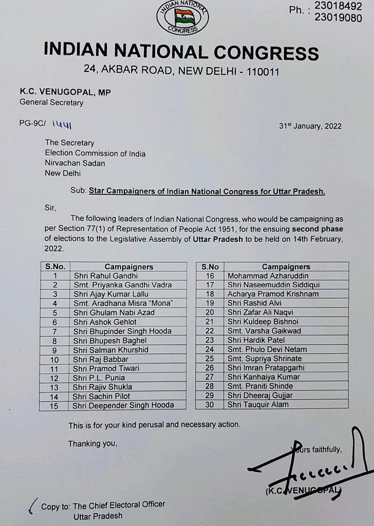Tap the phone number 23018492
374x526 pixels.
coord(346,7)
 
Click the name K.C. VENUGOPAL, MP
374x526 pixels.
coord(65,91)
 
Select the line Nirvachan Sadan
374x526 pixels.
coord(75,163)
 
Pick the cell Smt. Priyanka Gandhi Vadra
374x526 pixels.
coord(122,285)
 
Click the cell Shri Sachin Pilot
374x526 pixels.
coord(102,396)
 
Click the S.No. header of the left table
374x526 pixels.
coord(55,267)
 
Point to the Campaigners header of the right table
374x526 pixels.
coord(286,267)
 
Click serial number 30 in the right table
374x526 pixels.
coord(209,404)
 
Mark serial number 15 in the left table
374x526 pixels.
coord(54,405)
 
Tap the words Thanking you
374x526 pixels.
coord(92,444)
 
